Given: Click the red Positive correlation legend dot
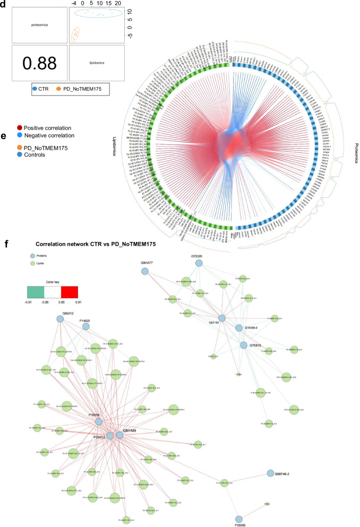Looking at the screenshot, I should pyautogui.click(x=19, y=128).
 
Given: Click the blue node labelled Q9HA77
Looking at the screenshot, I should pyautogui.click(x=144, y=271).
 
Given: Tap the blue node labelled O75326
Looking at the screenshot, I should pyautogui.click(x=199, y=263).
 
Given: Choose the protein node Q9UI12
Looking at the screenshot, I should pyautogui.click(x=60, y=320).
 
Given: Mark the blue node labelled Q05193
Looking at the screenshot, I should pyautogui.click(x=222, y=318).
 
